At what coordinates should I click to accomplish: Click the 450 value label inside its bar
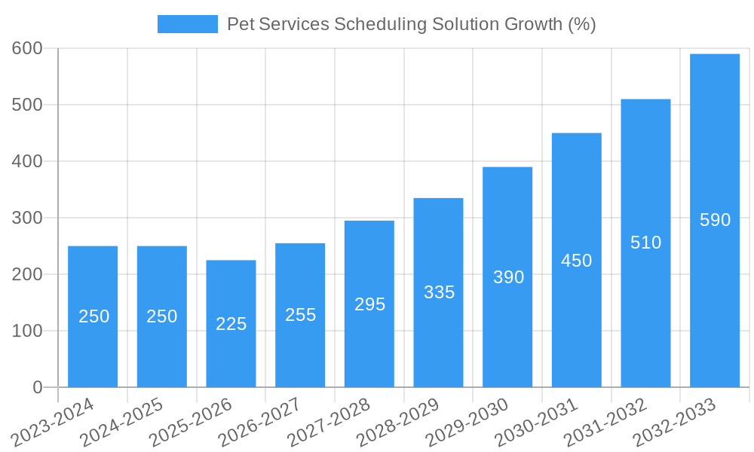(x=577, y=261)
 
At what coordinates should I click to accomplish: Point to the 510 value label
(x=645, y=243)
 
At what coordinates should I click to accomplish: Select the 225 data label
(x=231, y=324)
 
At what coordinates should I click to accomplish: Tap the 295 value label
(x=369, y=304)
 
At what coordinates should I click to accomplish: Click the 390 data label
(x=508, y=277)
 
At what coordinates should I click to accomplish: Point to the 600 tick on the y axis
(x=28, y=48)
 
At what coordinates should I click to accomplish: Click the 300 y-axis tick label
(x=28, y=218)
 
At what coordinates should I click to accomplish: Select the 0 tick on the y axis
(x=38, y=387)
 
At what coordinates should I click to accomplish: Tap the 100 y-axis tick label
(x=28, y=331)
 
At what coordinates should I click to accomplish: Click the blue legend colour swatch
(x=187, y=24)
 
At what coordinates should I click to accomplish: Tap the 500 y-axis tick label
(x=28, y=105)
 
